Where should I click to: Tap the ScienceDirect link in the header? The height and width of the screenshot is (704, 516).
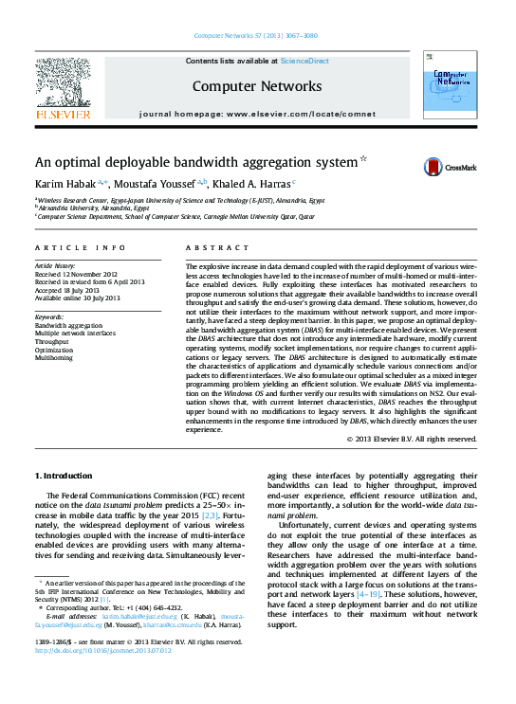click(x=306, y=60)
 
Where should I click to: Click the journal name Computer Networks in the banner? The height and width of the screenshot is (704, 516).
click(x=257, y=86)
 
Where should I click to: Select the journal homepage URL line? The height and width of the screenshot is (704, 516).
click(x=257, y=114)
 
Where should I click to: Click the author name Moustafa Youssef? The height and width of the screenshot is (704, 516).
click(x=157, y=184)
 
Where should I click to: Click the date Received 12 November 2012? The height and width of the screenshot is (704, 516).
click(x=79, y=273)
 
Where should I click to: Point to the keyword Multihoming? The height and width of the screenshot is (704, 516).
click(x=55, y=358)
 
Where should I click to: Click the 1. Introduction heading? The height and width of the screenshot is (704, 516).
click(x=64, y=474)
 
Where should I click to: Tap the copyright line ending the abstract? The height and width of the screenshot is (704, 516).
click(x=411, y=439)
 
